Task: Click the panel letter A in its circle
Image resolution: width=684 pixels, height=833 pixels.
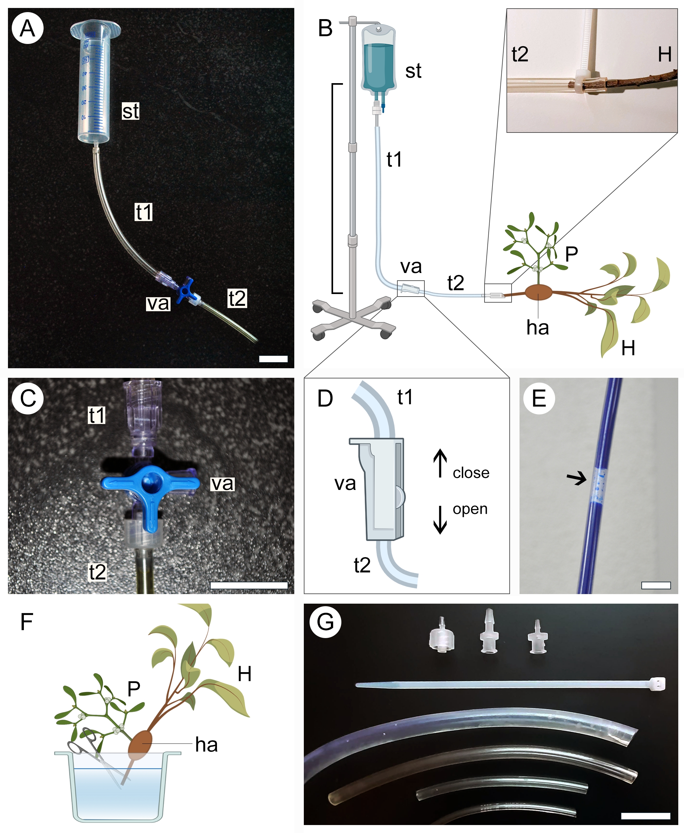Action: coord(27,28)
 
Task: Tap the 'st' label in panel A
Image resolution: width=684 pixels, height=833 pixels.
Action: coord(130,111)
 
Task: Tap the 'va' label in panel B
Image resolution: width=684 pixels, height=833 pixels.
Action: coord(411,267)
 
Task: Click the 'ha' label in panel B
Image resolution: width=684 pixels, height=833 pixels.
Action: coord(537,328)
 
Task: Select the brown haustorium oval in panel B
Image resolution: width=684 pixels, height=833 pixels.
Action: coord(538,293)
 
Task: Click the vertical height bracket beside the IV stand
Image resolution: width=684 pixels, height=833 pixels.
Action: coord(333,189)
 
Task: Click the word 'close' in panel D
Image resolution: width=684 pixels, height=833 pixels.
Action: coord(471,473)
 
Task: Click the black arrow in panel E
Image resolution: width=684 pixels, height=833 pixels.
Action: coord(576,479)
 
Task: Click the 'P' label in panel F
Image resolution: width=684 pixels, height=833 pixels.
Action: coord(134,689)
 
